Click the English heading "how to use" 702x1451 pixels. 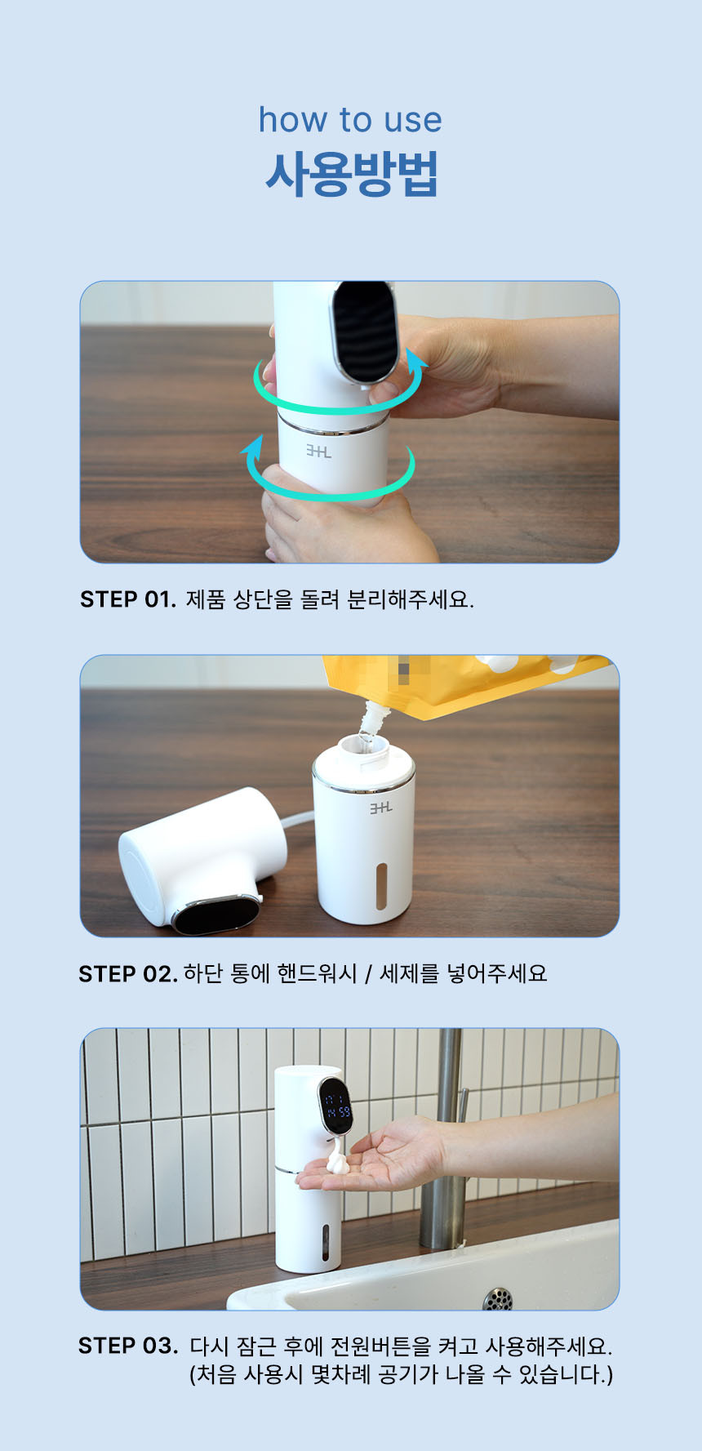pyautogui.click(x=350, y=120)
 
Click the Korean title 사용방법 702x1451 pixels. pyautogui.click(x=352, y=173)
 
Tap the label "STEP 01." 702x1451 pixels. pyautogui.click(x=127, y=599)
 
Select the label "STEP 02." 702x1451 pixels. pyautogui.click(x=127, y=973)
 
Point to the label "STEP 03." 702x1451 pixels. pyautogui.click(x=128, y=1345)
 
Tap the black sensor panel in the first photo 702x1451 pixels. pyautogui.click(x=365, y=331)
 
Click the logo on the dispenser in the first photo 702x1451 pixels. pyautogui.click(x=318, y=451)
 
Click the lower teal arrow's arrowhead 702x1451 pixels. pyautogui.click(x=254, y=446)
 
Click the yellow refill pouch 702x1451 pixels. pyautogui.click(x=465, y=683)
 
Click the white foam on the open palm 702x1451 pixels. pyautogui.click(x=337, y=1159)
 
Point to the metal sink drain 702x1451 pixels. pyautogui.click(x=498, y=1297)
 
